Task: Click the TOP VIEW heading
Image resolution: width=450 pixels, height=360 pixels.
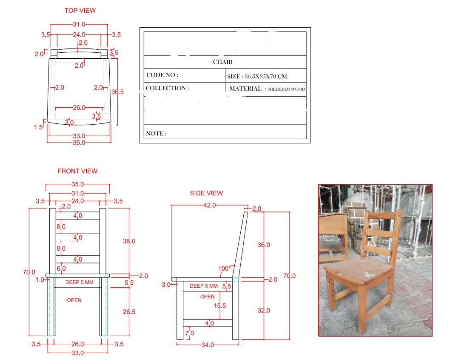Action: click(80, 10)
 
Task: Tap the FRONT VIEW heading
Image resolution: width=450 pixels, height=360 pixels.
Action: click(77, 171)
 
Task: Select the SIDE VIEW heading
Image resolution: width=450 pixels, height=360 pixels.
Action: click(206, 193)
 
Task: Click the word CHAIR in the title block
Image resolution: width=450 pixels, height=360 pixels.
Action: click(222, 62)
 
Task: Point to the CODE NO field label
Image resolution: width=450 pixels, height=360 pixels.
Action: click(162, 75)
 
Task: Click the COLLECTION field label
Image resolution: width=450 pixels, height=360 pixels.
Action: click(167, 89)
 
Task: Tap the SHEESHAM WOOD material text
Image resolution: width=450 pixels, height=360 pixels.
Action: click(286, 89)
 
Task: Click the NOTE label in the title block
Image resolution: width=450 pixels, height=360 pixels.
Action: click(156, 134)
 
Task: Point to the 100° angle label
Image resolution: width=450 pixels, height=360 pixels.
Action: click(223, 268)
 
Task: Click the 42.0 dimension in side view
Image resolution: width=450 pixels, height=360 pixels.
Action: click(209, 205)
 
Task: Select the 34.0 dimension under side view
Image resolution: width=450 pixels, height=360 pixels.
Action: click(208, 345)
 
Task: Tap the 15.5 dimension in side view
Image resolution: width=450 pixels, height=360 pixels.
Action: click(220, 306)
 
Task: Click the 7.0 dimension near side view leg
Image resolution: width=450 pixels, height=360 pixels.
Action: click(190, 333)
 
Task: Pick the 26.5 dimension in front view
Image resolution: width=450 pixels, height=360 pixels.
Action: click(129, 312)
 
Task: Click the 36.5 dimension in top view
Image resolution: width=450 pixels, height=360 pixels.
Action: click(117, 92)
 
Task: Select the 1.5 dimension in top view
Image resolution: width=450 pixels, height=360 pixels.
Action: click(38, 127)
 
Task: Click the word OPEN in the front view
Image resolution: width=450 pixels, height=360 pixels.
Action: click(74, 300)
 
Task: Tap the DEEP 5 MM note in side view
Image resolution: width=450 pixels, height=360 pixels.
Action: click(204, 286)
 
